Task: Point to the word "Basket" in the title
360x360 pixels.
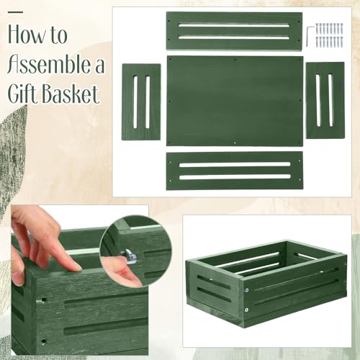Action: [x=71, y=94]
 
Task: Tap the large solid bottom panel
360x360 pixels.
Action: [x=235, y=101]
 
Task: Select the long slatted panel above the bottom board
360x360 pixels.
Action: [x=234, y=31]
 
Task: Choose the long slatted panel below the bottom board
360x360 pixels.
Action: [x=235, y=171]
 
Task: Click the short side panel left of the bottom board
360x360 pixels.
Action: [x=141, y=102]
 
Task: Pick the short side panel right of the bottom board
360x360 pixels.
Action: [x=325, y=100]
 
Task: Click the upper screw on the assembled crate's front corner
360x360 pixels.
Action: [x=247, y=290]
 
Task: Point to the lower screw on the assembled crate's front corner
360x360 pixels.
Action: [x=246, y=310]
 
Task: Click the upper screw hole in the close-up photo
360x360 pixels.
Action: [x=43, y=300]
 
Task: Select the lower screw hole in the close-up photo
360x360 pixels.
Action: [x=43, y=341]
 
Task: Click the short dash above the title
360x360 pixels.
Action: [x=15, y=12]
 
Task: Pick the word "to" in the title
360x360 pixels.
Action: [x=59, y=35]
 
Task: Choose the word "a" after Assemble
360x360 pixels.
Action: [x=99, y=66]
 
